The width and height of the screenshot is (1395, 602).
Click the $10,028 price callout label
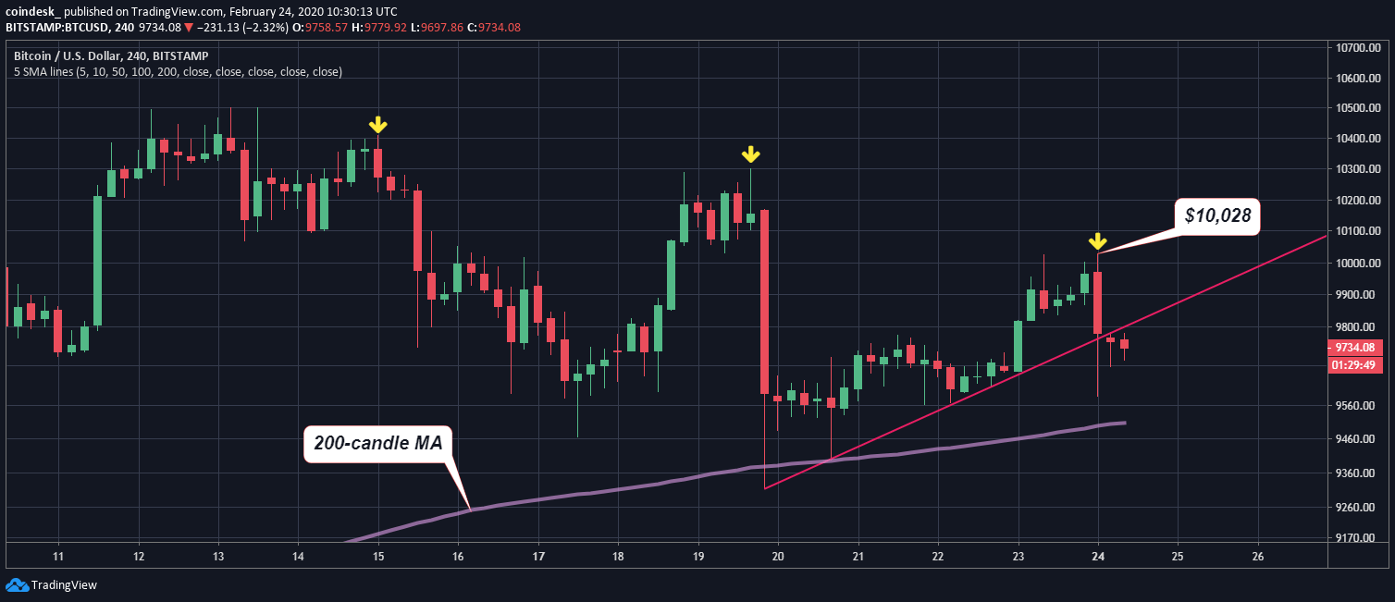[1217, 216]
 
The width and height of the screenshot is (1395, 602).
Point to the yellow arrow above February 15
[377, 125]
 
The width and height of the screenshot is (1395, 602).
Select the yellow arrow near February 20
[751, 154]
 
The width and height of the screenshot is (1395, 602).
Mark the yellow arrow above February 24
[1097, 241]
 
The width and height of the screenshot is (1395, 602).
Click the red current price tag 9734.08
[1355, 348]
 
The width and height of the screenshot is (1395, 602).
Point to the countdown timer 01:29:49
[1355, 364]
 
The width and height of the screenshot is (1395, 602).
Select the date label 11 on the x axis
[58, 557]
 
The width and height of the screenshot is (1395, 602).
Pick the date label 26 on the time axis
[1257, 557]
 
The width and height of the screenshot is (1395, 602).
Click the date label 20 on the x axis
[778, 557]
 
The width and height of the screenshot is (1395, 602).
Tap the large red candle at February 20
[765, 301]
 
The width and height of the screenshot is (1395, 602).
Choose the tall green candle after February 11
[98, 260]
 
